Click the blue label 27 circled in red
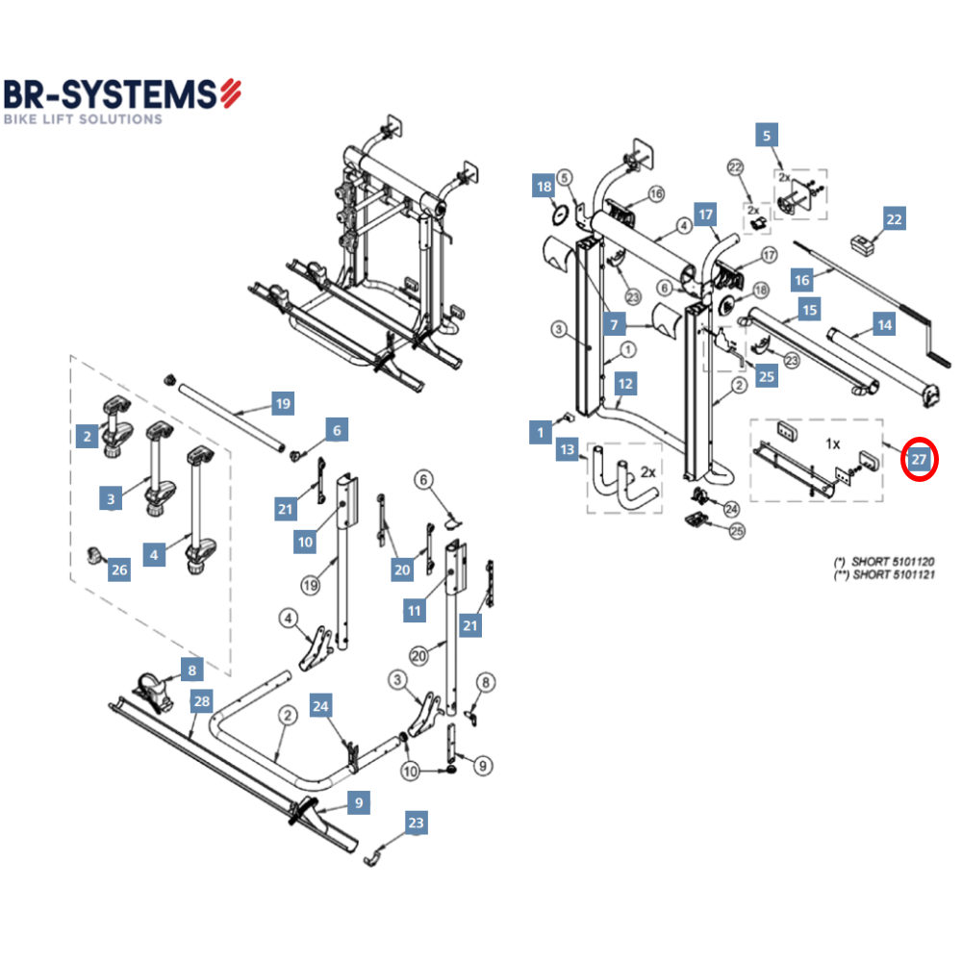[x=919, y=461]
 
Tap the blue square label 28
[x=200, y=701]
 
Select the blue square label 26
[x=119, y=570]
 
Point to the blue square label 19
[x=282, y=404]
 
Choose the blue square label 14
[x=883, y=325]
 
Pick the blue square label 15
[x=810, y=311]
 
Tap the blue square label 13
[x=568, y=449]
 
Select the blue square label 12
[x=625, y=384]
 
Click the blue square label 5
[x=766, y=136]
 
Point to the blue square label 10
[x=305, y=543]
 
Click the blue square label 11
[x=416, y=610]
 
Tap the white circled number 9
[x=482, y=766]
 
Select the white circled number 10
[x=411, y=771]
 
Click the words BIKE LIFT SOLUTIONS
[x=83, y=119]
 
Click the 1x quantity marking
[x=833, y=444]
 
